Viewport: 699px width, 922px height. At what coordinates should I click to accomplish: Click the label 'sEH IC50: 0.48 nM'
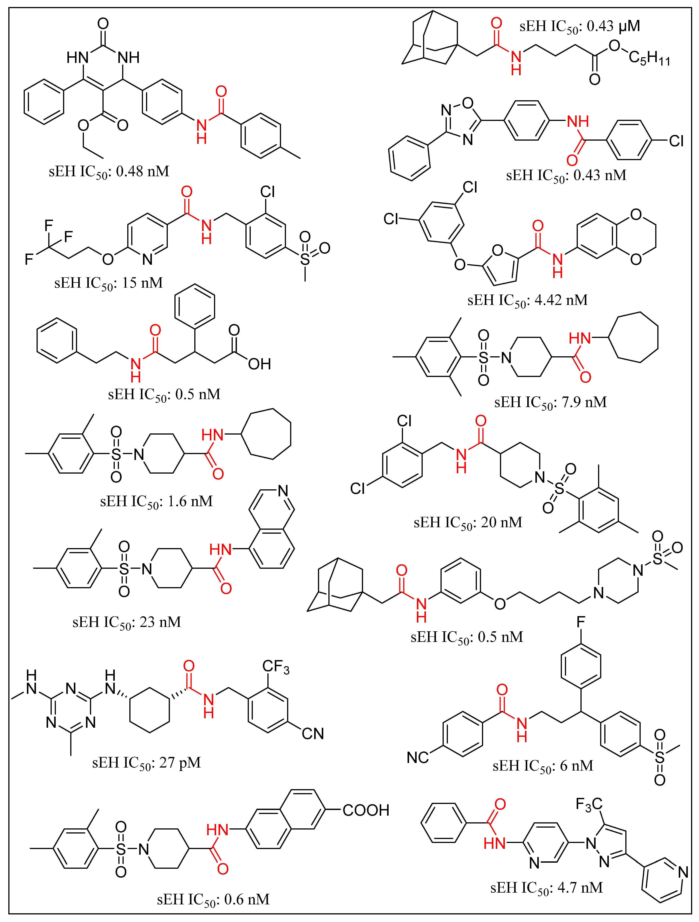click(x=109, y=171)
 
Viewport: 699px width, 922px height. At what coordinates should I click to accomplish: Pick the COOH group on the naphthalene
click(x=366, y=810)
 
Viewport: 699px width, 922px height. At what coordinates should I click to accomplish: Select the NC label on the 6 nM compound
click(x=417, y=757)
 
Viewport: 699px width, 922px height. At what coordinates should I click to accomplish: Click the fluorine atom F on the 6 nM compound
click(x=581, y=622)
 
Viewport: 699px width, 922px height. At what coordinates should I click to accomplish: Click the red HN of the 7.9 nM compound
click(x=580, y=338)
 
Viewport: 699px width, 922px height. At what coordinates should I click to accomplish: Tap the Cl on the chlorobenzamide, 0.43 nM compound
click(x=676, y=141)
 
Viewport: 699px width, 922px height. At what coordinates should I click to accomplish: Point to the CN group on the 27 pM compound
click(x=312, y=734)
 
